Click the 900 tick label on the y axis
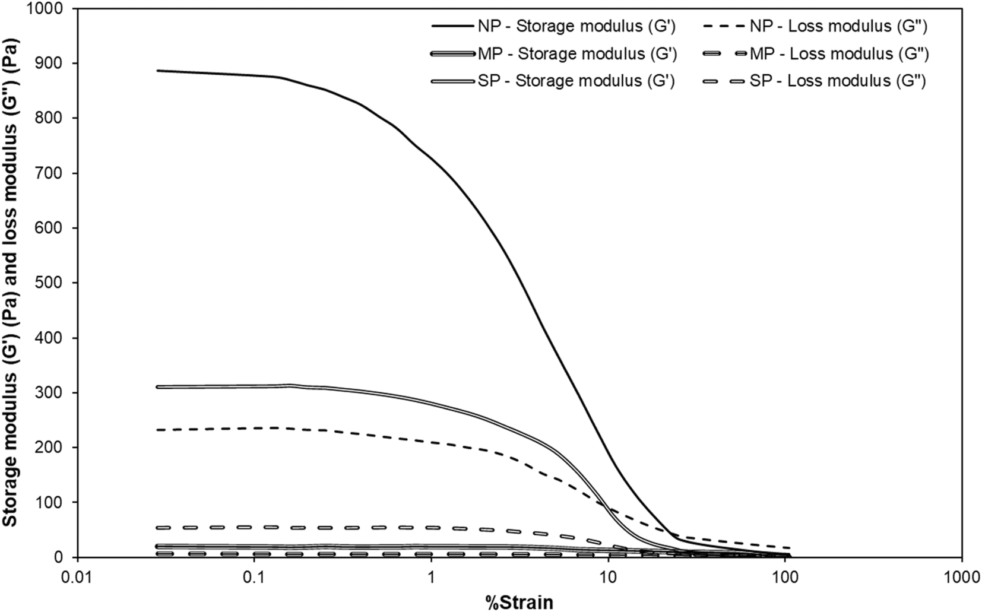(56, 64)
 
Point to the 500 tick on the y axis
(56, 283)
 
